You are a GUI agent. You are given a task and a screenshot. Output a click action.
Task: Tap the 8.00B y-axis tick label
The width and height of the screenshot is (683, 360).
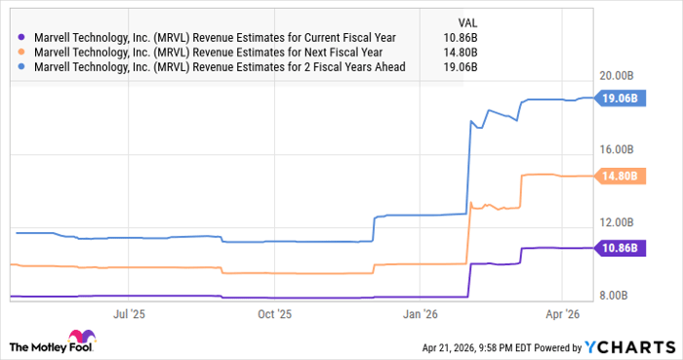(x=619, y=296)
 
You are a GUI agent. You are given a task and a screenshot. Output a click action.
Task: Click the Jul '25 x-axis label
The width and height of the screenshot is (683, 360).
(x=130, y=314)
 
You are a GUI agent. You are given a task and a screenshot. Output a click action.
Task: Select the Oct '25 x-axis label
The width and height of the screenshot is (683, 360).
(x=274, y=314)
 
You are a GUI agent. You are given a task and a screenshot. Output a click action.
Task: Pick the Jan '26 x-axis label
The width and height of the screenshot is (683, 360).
(x=420, y=314)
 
